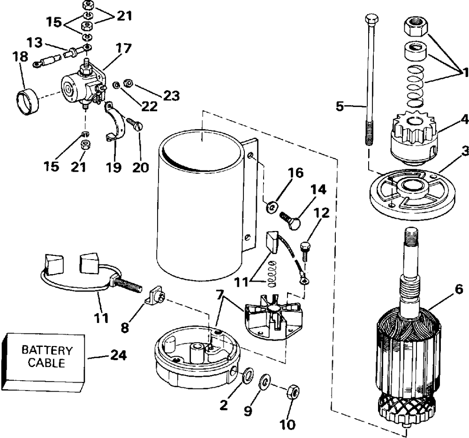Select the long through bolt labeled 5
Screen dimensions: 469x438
370,79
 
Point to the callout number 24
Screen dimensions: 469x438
119,355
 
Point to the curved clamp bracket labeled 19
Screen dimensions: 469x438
115,121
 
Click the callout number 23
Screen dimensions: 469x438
171,95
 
